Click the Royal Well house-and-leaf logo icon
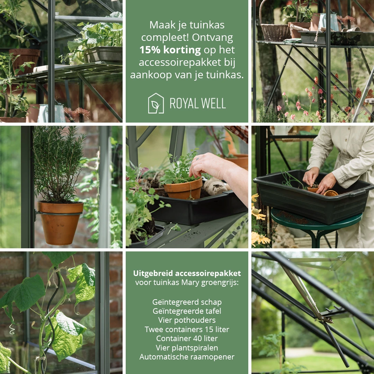156,103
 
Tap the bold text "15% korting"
170,50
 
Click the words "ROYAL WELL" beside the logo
198,103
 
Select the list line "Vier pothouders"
187,320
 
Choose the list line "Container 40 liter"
187,338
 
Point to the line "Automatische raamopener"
187,357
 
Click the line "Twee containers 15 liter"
187,329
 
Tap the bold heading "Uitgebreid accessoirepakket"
187,273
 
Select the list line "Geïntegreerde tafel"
187,311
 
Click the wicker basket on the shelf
275,32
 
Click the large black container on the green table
312,197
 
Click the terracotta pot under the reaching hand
183,189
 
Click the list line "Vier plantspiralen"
187,347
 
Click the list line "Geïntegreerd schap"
187,302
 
